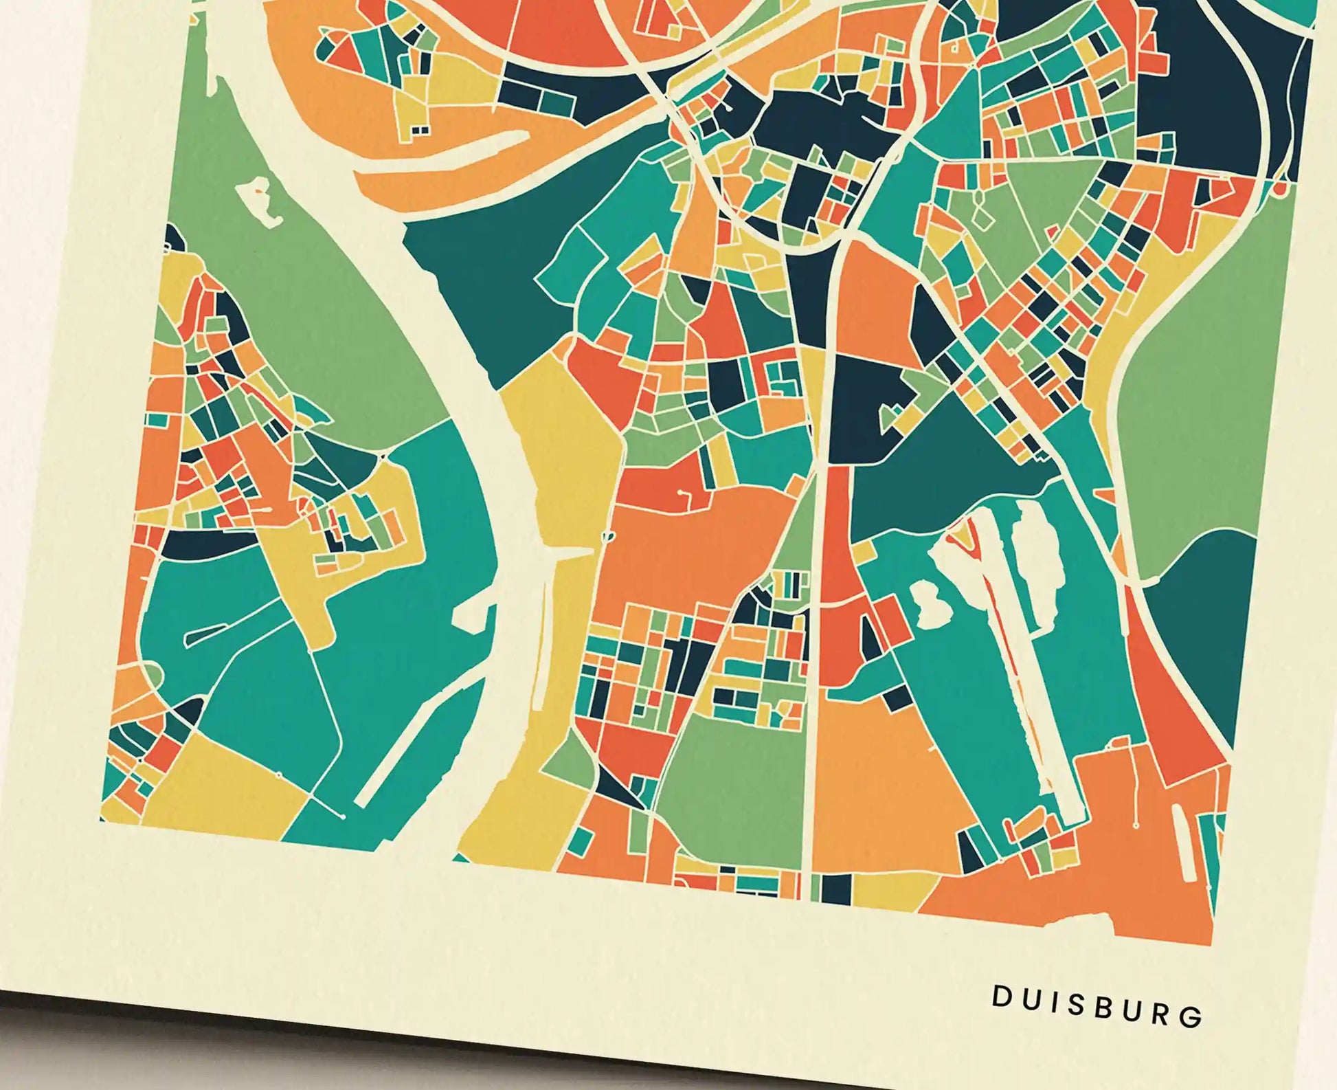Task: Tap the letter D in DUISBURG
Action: (x=1000, y=1016)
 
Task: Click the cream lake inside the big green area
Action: (x=258, y=203)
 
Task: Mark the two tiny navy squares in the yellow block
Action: (x=418, y=129)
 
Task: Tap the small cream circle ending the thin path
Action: (x=341, y=817)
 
